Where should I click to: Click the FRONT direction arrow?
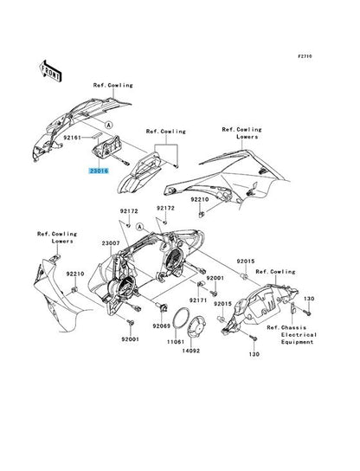point(50,71)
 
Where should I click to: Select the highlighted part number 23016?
point(98,171)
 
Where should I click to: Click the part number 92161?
point(72,138)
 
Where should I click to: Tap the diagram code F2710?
point(305,56)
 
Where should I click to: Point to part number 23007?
point(111,243)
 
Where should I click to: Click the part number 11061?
point(176,342)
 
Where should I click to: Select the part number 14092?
point(191,351)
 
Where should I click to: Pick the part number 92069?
point(162,326)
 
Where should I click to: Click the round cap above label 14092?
point(196,326)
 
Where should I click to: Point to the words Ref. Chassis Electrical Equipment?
point(292,334)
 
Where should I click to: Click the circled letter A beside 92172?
point(139,227)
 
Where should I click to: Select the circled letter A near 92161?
point(109,125)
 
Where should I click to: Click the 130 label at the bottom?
point(254,354)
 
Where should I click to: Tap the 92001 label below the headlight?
point(131,339)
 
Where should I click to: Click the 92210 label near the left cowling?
point(75,274)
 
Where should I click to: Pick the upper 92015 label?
point(246,261)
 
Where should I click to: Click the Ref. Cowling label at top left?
point(112,86)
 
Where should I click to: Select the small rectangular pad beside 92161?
point(97,135)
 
